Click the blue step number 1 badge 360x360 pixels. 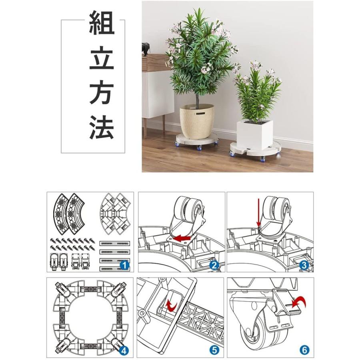pos(124,264)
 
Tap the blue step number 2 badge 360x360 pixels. pos(214,264)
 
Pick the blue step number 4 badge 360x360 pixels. pos(124,350)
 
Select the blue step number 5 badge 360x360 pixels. pos(214,350)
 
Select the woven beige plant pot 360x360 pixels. pos(197,121)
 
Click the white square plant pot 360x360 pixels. pos(254,134)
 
